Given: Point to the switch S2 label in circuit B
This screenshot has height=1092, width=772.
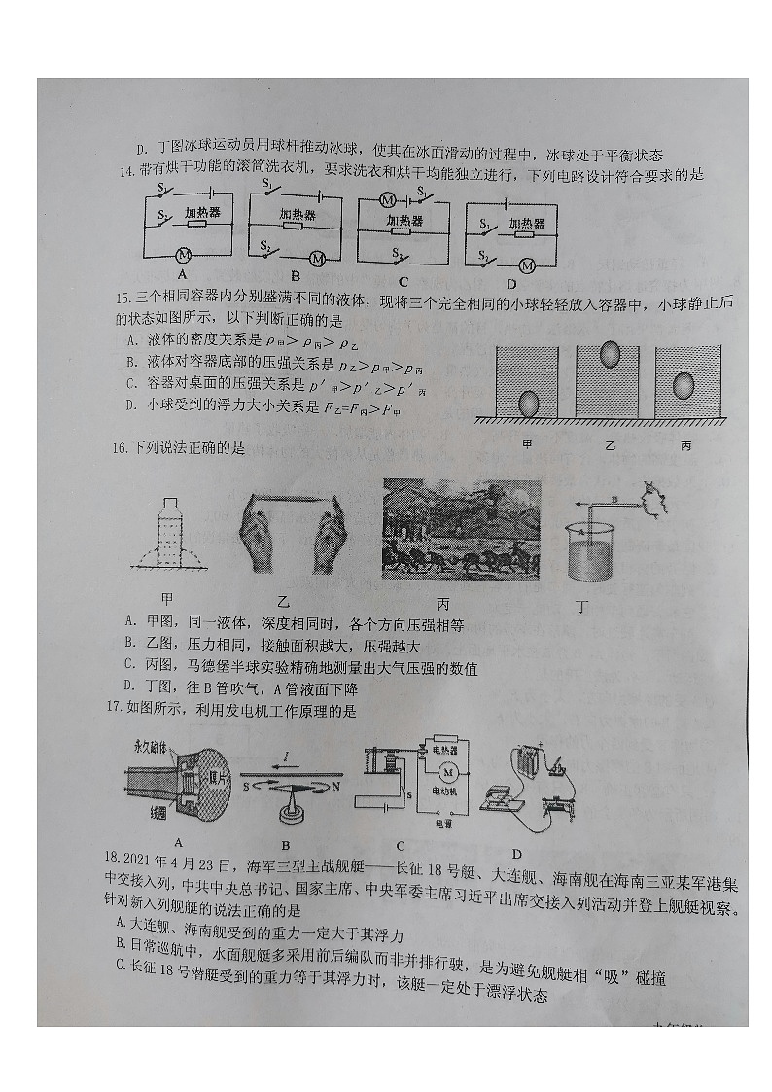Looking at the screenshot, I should (x=265, y=248).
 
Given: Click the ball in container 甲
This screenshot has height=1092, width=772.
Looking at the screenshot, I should (x=530, y=402).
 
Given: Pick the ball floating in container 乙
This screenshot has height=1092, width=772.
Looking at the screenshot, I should (x=611, y=354).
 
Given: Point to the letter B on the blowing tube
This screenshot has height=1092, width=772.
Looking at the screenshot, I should (x=614, y=499).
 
